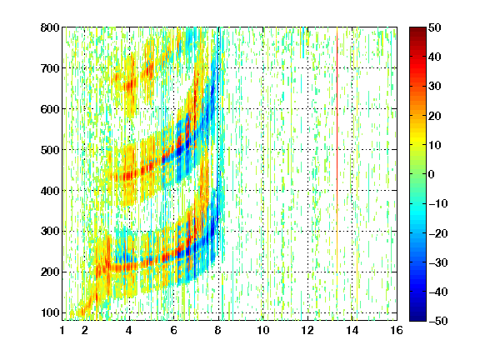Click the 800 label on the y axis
point(50,27)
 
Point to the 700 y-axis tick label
point(50,68)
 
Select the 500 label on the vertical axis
point(50,150)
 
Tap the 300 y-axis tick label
point(50,232)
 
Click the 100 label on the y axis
point(50,312)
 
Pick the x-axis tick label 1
point(62,330)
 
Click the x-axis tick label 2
point(85,330)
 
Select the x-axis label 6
point(174,330)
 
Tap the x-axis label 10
point(263,330)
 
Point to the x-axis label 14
point(352,330)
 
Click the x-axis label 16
point(397,330)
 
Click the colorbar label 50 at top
point(435,27)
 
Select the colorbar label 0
point(432,174)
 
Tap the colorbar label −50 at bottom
point(438,321)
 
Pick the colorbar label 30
point(435,87)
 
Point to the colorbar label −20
point(438,233)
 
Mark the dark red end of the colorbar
point(417,31)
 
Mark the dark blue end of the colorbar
point(417,317)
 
